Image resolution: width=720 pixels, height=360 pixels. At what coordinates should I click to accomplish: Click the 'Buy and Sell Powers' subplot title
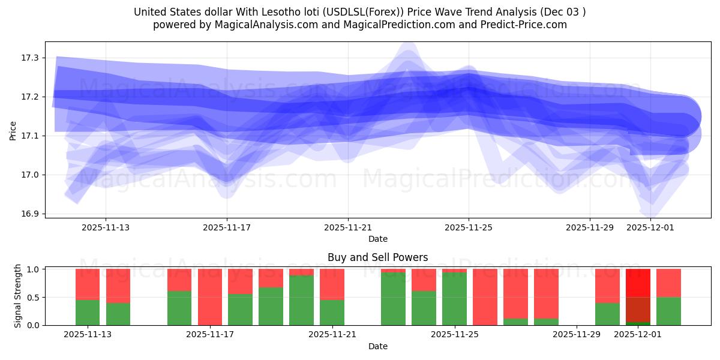pyautogui.click(x=377, y=257)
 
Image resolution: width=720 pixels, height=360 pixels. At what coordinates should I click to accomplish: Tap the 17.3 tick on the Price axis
pyautogui.click(x=29, y=58)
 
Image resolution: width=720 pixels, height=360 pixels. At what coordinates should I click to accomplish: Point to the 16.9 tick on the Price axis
pyautogui.click(x=29, y=214)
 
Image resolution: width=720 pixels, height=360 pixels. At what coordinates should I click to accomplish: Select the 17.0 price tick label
pyautogui.click(x=29, y=175)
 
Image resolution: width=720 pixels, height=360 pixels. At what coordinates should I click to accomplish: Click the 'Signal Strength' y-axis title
pyautogui.click(x=18, y=296)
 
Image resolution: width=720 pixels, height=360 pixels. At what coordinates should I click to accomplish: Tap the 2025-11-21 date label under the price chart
pyautogui.click(x=348, y=227)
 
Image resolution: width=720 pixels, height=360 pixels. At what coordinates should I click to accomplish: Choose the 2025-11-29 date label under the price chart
pyautogui.click(x=590, y=227)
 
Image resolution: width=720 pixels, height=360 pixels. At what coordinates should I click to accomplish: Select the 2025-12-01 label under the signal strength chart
pyautogui.click(x=637, y=334)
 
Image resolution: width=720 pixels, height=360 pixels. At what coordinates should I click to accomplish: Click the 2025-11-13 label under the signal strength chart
pyautogui.click(x=88, y=334)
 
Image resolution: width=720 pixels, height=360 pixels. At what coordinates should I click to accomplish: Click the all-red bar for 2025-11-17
pyautogui.click(x=210, y=297)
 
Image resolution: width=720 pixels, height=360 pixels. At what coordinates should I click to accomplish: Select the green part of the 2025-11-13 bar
pyautogui.click(x=88, y=313)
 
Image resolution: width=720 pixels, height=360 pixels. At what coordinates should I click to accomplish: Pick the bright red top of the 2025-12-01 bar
pyautogui.click(x=638, y=283)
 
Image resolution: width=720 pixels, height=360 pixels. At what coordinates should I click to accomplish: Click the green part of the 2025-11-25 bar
pyautogui.click(x=454, y=299)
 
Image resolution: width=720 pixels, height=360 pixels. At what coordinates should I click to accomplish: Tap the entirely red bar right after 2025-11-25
pyautogui.click(x=485, y=297)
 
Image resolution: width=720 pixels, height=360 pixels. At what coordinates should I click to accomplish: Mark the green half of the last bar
pyautogui.click(x=668, y=311)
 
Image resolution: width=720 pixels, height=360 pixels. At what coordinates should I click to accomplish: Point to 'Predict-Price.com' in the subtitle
pyautogui.click(x=526, y=25)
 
